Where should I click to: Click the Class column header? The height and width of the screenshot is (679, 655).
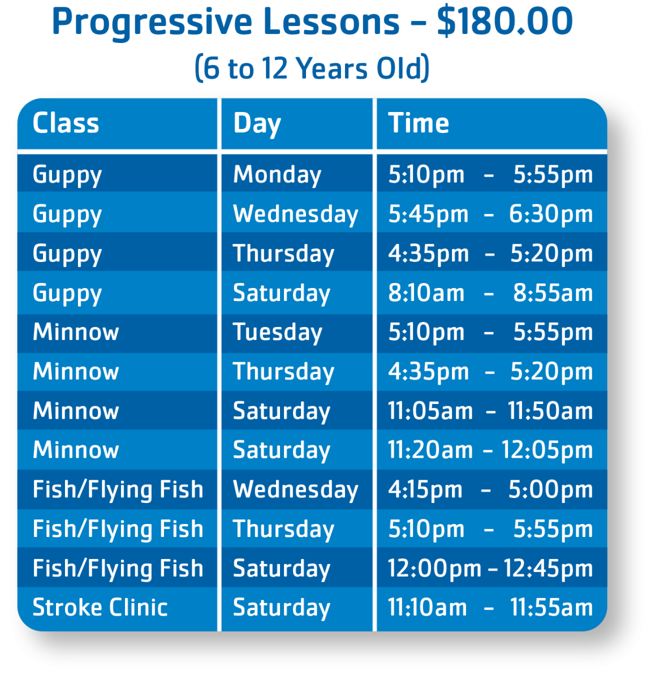tap(66, 123)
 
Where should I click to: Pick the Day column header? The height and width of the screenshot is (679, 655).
tap(257, 124)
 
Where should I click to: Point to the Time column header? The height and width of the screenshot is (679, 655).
tap(418, 123)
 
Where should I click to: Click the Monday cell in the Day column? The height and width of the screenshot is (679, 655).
tap(277, 175)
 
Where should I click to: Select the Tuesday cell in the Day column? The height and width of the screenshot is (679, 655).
tap(278, 332)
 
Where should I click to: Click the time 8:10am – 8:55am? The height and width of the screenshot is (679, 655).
tap(490, 293)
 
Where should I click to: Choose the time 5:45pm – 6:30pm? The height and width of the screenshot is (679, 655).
tap(490, 214)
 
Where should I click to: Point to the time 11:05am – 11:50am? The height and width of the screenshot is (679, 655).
tap(490, 411)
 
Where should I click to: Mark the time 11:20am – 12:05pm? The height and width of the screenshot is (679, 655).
tap(490, 450)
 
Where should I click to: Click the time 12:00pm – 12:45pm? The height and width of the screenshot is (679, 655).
tap(490, 569)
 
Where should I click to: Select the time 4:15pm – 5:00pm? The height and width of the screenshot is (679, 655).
tap(490, 489)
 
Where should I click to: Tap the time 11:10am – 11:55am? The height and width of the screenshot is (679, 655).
tap(490, 607)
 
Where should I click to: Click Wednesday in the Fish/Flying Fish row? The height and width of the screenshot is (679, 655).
tap(295, 490)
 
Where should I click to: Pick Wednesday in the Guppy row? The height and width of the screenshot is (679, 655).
tap(295, 214)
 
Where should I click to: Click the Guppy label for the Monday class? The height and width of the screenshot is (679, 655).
tap(67, 175)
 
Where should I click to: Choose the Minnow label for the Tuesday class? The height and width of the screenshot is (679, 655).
tap(76, 332)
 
